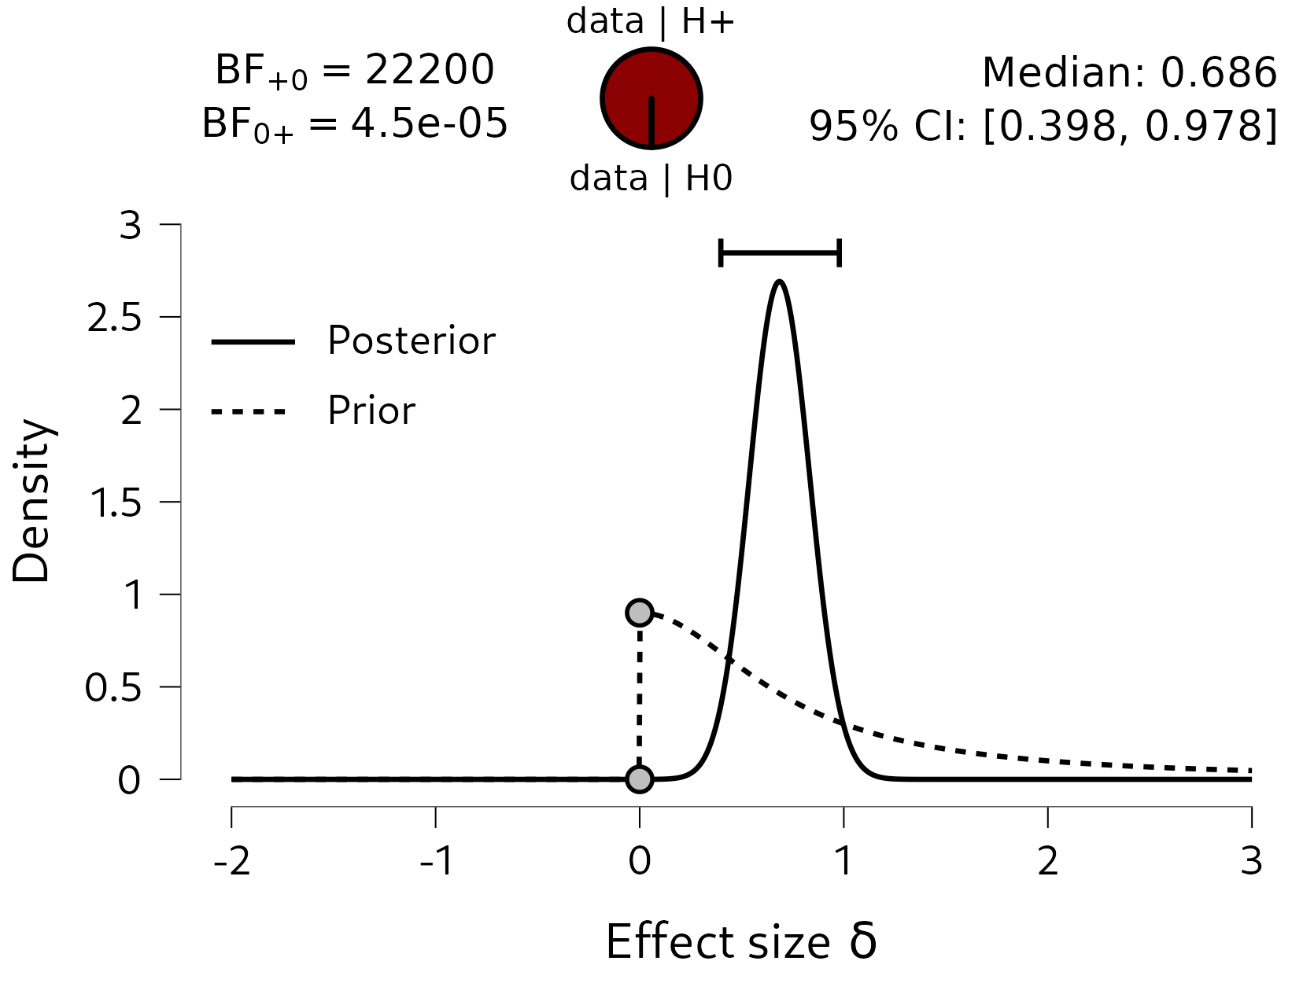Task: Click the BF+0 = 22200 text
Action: pyautogui.click(x=354, y=71)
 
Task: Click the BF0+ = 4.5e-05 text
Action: pyautogui.click(x=354, y=124)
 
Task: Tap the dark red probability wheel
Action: pyautogui.click(x=651, y=98)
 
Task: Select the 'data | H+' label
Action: pyautogui.click(x=651, y=21)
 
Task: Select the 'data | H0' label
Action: pyautogui.click(x=651, y=179)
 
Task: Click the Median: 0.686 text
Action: pyautogui.click(x=1129, y=72)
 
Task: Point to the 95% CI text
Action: pyautogui.click(x=1043, y=126)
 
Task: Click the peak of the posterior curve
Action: pyautogui.click(x=779, y=282)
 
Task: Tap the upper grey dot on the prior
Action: pyautogui.click(x=640, y=612)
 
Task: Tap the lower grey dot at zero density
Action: pyautogui.click(x=640, y=779)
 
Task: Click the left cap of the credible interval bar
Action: pyautogui.click(x=721, y=253)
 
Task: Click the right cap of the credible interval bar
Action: pyautogui.click(x=840, y=253)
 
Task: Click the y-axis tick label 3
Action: pyautogui.click(x=131, y=226)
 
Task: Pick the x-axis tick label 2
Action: pyautogui.click(x=1047, y=862)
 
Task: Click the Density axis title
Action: pyautogui.click(x=31, y=501)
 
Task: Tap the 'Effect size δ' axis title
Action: pyautogui.click(x=740, y=941)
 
